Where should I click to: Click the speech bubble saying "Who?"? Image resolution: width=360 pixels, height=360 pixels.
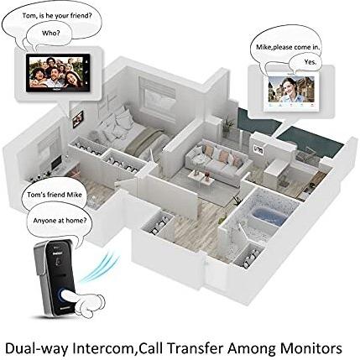click(x=50, y=34)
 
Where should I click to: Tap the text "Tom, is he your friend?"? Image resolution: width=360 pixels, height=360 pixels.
click(x=57, y=16)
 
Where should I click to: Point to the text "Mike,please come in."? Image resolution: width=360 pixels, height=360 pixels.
click(x=288, y=47)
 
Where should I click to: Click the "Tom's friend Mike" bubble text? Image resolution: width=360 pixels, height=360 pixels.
click(x=55, y=195)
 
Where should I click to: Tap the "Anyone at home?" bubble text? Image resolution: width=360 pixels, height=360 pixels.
click(x=60, y=221)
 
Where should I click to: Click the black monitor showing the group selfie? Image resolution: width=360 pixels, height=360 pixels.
click(x=58, y=72)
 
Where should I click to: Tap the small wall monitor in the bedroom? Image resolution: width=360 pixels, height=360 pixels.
click(x=78, y=119)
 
